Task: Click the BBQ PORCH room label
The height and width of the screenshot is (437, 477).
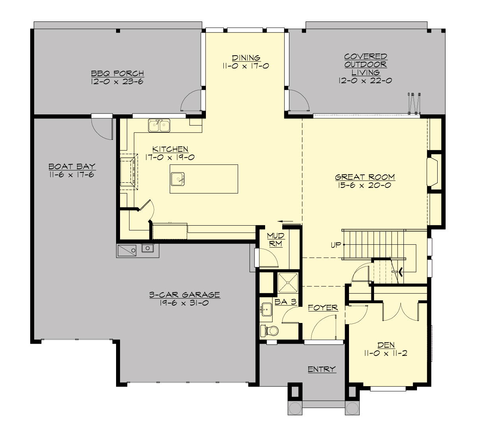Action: [x=117, y=73]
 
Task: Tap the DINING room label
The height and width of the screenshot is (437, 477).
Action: [x=246, y=58]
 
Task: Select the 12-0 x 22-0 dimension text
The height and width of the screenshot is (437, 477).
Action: [x=365, y=81]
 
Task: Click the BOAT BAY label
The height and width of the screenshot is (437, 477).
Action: [x=72, y=166]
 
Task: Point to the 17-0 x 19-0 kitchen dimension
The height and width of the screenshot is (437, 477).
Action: [x=171, y=157]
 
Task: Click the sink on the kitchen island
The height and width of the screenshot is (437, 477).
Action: [x=178, y=179]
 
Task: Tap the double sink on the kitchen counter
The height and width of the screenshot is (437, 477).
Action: [x=159, y=125]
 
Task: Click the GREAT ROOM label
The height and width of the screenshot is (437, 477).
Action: [x=365, y=177]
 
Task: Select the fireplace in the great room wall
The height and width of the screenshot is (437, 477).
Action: [x=432, y=171]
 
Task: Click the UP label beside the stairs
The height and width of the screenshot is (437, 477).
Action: [x=336, y=245]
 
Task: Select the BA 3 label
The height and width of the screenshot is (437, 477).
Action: [x=285, y=302]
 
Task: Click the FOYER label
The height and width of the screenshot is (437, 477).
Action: [x=323, y=307]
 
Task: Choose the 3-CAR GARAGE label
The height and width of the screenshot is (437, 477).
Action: [x=184, y=295]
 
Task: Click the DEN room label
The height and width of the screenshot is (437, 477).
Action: [x=386, y=345]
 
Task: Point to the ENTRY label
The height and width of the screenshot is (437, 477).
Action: [x=322, y=369]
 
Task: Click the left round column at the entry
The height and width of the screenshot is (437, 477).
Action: [x=295, y=408]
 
